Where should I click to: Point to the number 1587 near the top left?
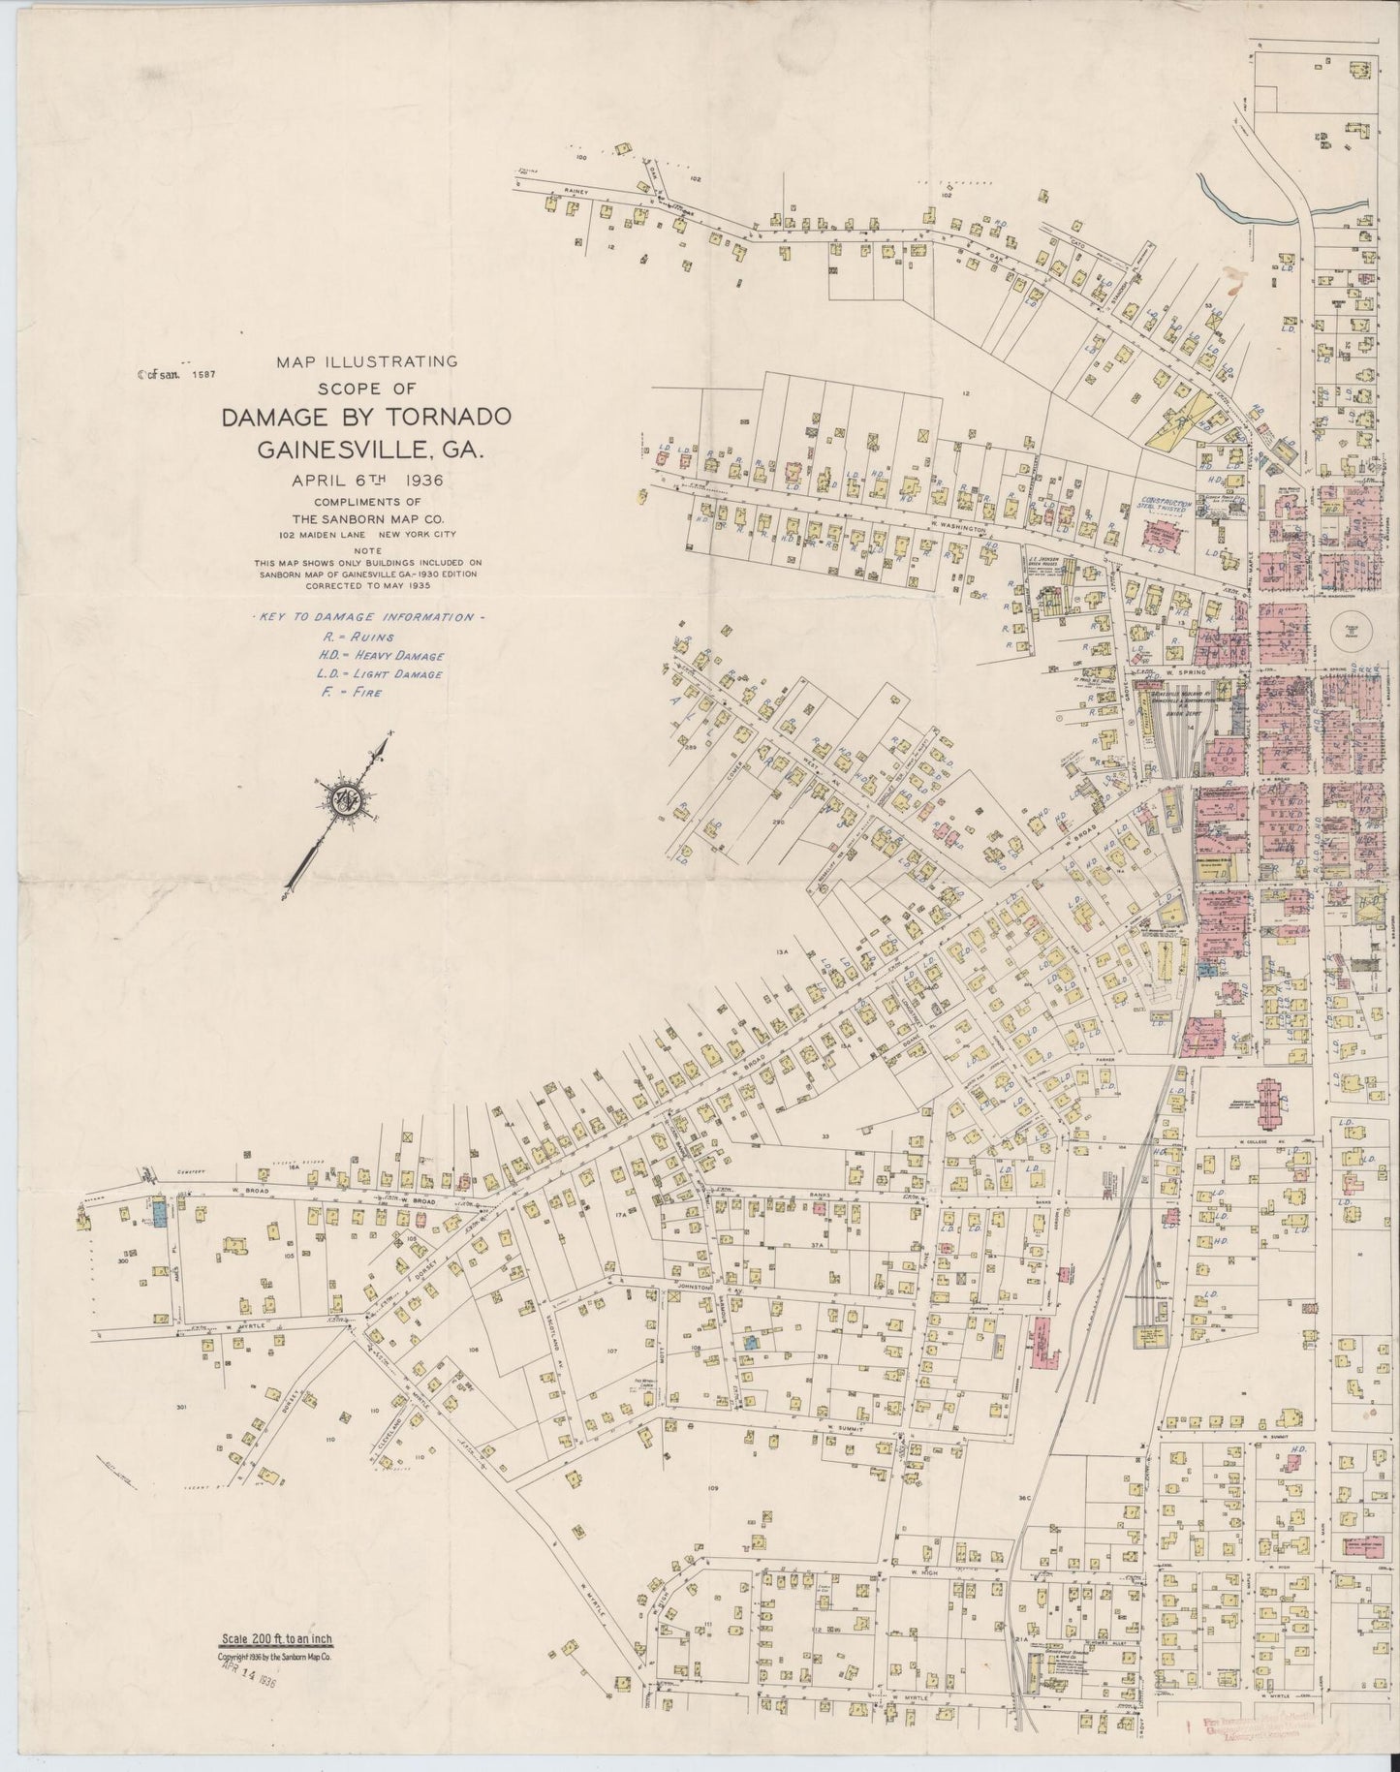(202, 373)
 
